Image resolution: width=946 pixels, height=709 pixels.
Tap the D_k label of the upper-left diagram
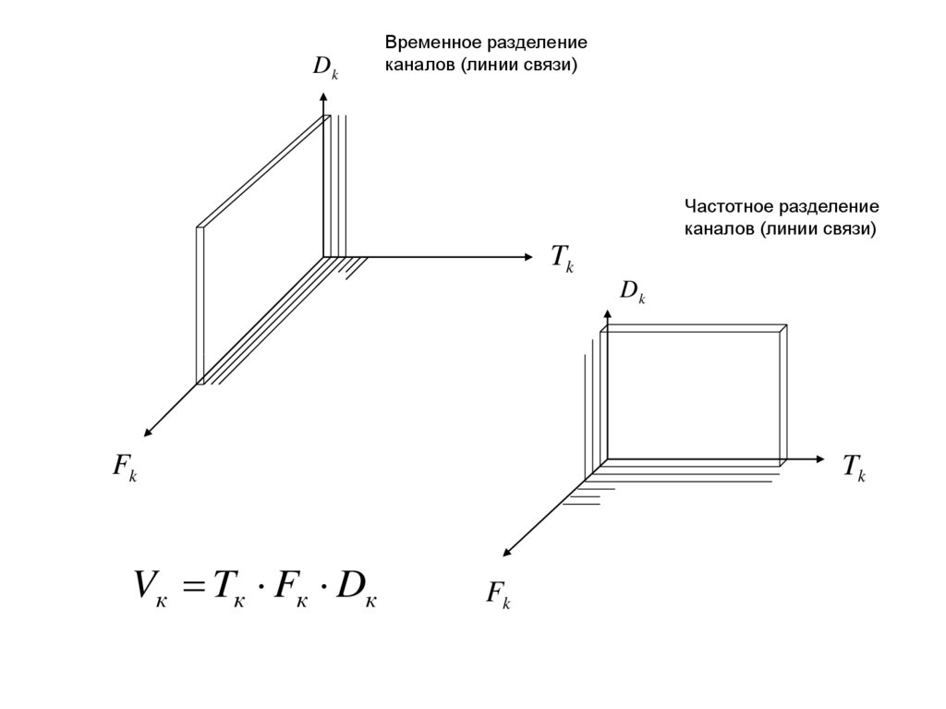pyautogui.click(x=325, y=67)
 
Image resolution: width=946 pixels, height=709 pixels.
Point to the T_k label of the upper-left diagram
pyautogui.click(x=563, y=258)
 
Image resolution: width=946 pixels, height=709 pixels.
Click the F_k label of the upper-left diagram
pyautogui.click(x=125, y=467)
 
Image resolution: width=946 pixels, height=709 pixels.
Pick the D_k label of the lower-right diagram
pyautogui.click(x=632, y=293)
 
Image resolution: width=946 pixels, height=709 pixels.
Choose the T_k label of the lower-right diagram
pyautogui.click(x=854, y=468)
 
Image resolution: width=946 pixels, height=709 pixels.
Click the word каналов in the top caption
pyautogui.click(x=414, y=66)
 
